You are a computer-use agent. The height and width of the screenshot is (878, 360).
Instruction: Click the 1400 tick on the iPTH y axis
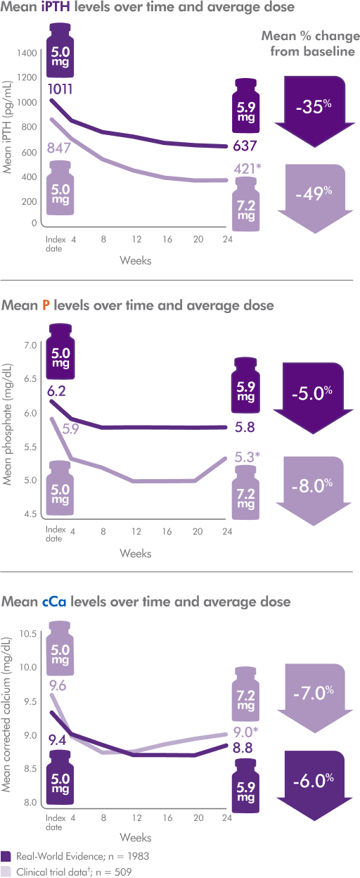click(28, 53)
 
